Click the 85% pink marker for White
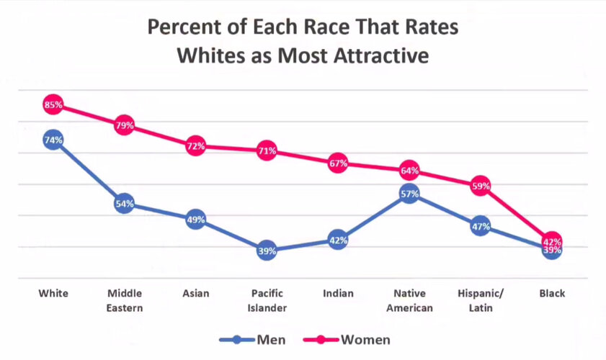pyautogui.click(x=53, y=105)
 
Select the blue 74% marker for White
pyautogui.click(x=53, y=140)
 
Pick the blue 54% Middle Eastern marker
pyautogui.click(x=124, y=204)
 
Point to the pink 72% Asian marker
pyautogui.click(x=195, y=146)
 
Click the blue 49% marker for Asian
pyautogui.click(x=195, y=220)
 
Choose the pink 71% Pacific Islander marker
pyautogui.click(x=267, y=151)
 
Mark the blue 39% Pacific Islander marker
pyautogui.click(x=267, y=251)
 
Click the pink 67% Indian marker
pyautogui.click(x=338, y=163)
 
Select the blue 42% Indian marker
pyautogui.click(x=338, y=240)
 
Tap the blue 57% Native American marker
pyautogui.click(x=409, y=194)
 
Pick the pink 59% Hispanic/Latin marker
pyautogui.click(x=481, y=186)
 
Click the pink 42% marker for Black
pyautogui.click(x=552, y=240)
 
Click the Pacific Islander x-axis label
pyautogui.click(x=267, y=301)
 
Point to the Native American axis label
pyautogui.click(x=409, y=301)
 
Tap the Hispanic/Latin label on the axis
pyautogui.click(x=481, y=301)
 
